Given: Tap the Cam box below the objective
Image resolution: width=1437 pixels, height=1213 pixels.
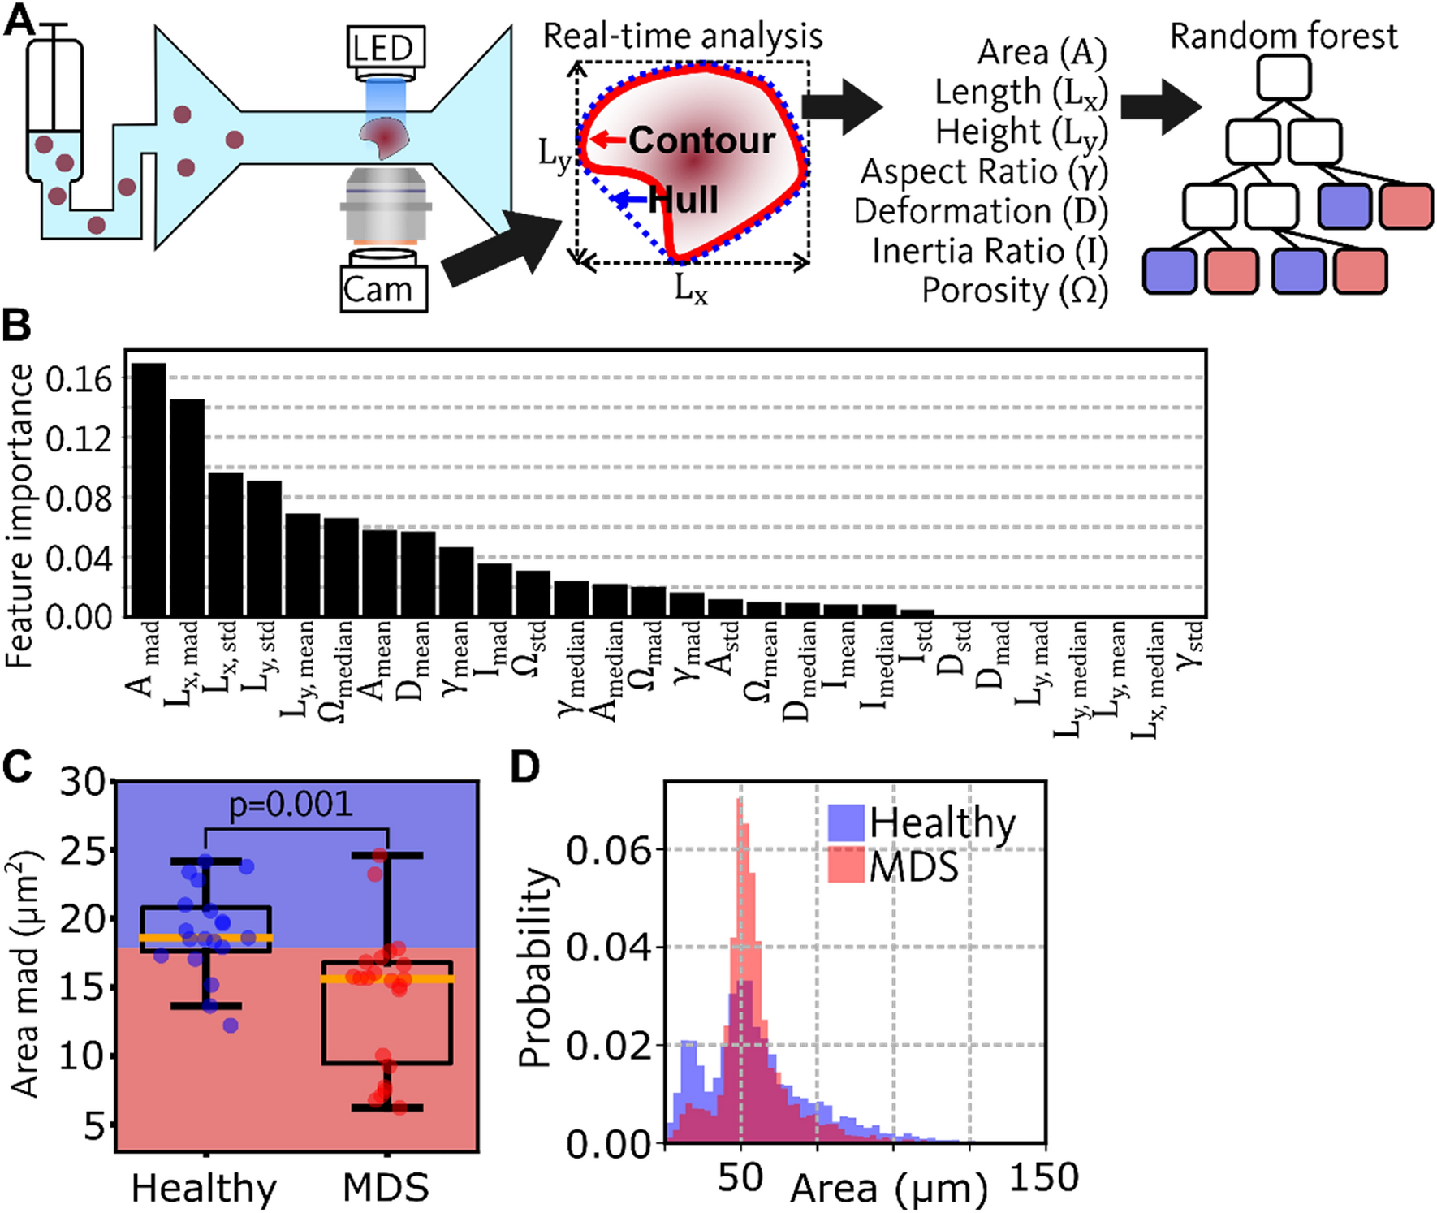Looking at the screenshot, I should coord(383,289).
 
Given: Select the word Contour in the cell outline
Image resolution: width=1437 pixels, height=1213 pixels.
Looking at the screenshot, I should coord(701,140).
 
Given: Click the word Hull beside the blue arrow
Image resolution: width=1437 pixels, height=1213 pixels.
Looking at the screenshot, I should coord(684,200).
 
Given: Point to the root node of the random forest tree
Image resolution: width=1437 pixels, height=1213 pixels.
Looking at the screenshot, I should coord(1283,78).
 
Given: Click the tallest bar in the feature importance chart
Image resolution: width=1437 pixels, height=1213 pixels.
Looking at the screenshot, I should coord(149,489).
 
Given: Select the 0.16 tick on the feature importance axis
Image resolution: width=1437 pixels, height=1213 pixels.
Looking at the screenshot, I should coord(79,378).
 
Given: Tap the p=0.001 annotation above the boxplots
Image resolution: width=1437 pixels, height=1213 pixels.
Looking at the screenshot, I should coord(291,805).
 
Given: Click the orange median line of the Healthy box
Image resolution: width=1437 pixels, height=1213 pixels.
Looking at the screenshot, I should coord(206,938).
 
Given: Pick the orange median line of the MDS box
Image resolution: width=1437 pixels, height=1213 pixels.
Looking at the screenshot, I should coord(387,979).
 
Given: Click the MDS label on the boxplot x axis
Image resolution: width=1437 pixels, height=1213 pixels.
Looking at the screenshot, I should coord(386,1188).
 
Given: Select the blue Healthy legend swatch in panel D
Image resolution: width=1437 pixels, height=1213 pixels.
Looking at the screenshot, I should coord(845,822).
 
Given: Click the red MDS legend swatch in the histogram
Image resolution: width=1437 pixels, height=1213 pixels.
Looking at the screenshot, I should coord(845,866).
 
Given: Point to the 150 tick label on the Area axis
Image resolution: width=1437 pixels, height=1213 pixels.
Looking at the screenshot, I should coord(1043,1176).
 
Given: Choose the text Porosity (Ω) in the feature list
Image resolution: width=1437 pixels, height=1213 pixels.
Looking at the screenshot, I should coord(1014,291).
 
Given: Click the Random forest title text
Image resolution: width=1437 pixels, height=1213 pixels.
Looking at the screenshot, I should coord(1283,36).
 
